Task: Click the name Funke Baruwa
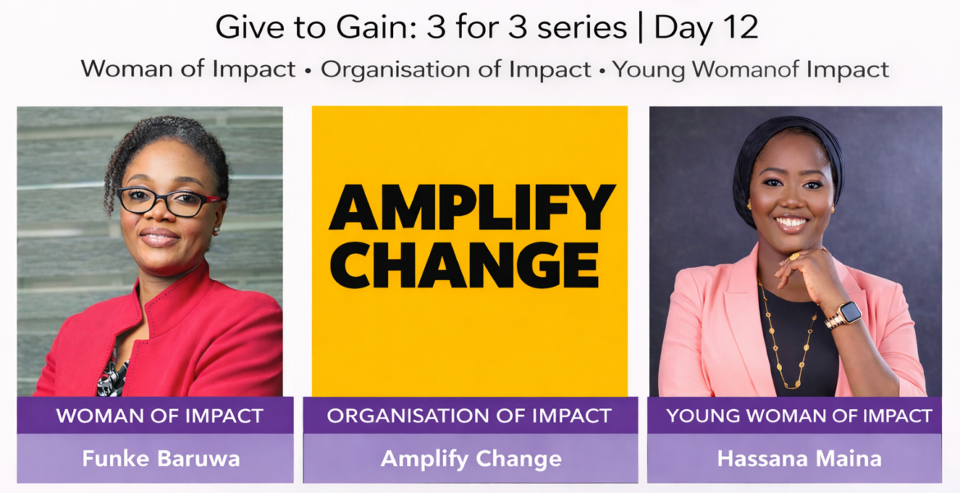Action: click(160, 458)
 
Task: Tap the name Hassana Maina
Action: click(800, 458)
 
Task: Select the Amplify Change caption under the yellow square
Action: click(471, 458)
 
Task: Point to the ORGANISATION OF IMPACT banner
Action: click(469, 416)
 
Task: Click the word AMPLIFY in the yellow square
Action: click(472, 206)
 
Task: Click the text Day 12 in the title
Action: click(706, 28)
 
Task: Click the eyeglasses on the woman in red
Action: click(167, 202)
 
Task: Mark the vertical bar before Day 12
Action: click(640, 28)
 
